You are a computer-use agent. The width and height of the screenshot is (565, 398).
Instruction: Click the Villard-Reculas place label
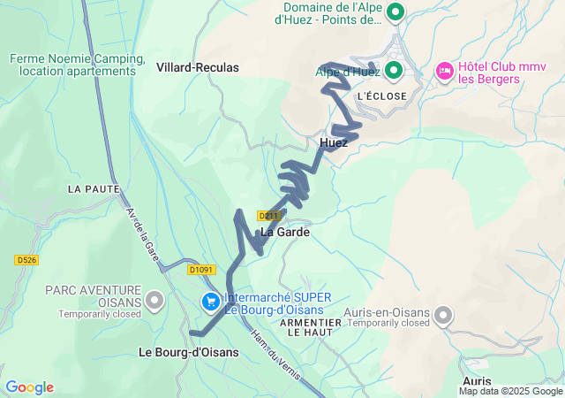(198, 67)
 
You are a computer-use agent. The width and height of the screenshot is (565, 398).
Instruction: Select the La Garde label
(285, 232)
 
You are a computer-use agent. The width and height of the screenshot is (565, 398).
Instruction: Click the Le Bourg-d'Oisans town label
(189, 352)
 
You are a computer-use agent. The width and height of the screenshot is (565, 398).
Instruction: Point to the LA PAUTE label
(87, 189)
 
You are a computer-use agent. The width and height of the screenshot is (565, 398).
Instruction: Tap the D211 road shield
(269, 216)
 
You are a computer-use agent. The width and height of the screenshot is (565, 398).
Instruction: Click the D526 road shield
(26, 260)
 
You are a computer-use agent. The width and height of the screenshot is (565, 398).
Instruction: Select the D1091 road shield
(201, 270)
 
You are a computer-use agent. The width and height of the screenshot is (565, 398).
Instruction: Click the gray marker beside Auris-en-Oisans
(443, 314)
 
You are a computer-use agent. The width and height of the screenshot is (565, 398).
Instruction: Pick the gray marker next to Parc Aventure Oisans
(155, 301)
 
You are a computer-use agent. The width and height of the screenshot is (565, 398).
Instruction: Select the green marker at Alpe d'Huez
(394, 70)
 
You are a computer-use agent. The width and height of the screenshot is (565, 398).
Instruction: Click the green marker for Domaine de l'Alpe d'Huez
(395, 13)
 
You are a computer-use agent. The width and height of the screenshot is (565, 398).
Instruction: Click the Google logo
(29, 387)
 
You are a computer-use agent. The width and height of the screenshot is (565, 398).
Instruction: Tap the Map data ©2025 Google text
(510, 391)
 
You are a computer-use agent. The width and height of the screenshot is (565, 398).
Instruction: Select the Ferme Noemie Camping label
(78, 65)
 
